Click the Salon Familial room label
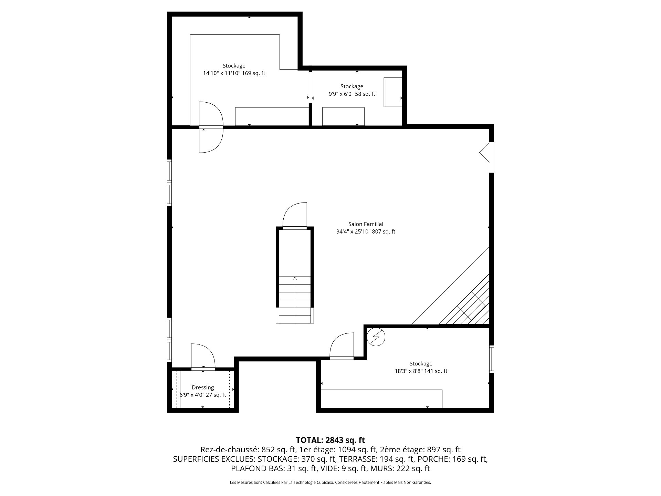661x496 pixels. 366,224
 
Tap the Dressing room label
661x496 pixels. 203,387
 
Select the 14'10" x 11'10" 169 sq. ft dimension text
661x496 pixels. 234,73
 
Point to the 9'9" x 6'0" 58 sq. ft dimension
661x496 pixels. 352,94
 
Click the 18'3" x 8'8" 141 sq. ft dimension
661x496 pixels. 421,371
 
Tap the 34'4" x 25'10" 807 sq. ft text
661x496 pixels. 366,232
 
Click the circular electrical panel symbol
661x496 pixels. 376,337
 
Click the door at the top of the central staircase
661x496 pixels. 295,216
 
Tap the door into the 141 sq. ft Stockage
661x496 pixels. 342,346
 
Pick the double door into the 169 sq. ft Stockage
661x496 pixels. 211,127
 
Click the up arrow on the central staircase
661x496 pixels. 295,279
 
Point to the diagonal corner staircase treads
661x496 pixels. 465,300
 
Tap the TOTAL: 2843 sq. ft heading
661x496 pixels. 330,440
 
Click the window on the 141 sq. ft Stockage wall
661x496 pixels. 492,359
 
